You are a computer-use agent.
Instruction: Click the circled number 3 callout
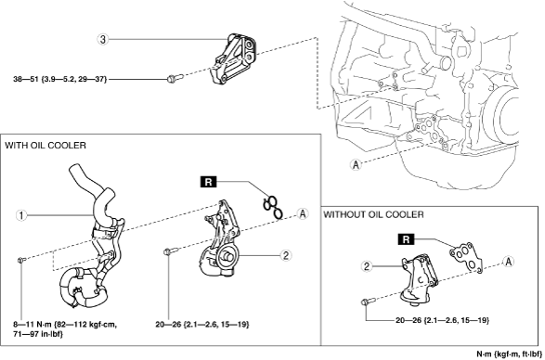(102, 40)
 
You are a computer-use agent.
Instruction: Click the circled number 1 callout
(21, 215)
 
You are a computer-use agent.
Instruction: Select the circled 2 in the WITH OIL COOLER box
(286, 256)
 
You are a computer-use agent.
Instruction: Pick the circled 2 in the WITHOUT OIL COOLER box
(367, 266)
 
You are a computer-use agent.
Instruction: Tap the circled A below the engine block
(356, 164)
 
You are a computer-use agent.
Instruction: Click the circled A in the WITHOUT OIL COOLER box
(509, 262)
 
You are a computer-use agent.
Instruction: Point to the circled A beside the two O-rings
(303, 213)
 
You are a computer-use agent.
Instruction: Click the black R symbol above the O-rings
(208, 182)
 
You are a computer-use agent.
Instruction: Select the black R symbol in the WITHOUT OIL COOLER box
(406, 239)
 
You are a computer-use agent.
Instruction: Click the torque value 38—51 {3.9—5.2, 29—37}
(60, 80)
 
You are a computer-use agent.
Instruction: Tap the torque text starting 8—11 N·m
(65, 329)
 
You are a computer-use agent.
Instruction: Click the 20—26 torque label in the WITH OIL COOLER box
(202, 325)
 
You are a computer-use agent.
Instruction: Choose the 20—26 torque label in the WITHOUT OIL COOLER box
(442, 320)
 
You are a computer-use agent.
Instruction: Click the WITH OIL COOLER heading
(45, 146)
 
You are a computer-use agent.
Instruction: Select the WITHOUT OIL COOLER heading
(373, 214)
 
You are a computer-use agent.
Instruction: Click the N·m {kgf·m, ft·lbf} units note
(509, 354)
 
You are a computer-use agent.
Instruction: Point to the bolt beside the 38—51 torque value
(175, 78)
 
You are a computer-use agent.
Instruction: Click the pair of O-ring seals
(273, 208)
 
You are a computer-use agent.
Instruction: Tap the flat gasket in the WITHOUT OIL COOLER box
(466, 257)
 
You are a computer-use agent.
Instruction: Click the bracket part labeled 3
(233, 59)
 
